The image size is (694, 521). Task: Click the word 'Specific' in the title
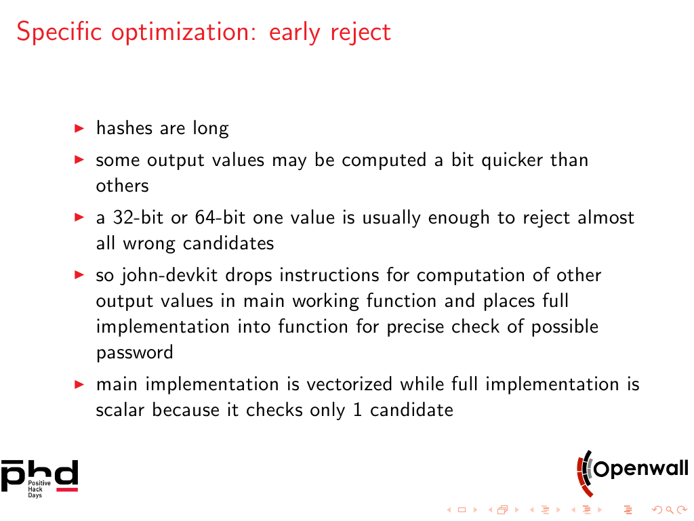60,32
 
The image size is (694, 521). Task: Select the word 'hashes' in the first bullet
124,128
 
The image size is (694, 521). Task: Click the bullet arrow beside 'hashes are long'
79,129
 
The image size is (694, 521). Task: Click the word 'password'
135,353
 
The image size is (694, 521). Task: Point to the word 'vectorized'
350,384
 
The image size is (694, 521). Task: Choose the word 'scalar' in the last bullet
121,410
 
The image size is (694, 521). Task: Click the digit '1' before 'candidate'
358,410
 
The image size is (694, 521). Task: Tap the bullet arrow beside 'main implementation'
79,384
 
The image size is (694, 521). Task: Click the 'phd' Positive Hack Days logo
39,478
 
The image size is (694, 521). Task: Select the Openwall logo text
641,469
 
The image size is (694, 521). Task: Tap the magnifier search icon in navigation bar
670,510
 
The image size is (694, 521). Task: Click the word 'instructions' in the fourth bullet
329,275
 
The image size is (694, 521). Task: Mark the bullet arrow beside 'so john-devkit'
79,275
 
